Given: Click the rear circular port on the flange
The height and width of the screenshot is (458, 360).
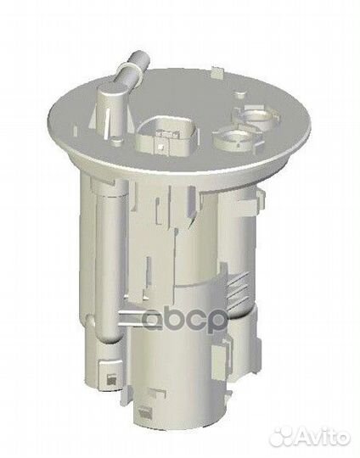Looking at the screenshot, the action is (x=256, y=117).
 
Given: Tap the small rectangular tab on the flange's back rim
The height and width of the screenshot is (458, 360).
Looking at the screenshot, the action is (x=217, y=72).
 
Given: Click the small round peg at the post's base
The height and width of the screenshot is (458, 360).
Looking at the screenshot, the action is (x=117, y=141).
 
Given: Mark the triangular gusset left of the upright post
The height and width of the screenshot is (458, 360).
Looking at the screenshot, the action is (x=93, y=118).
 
